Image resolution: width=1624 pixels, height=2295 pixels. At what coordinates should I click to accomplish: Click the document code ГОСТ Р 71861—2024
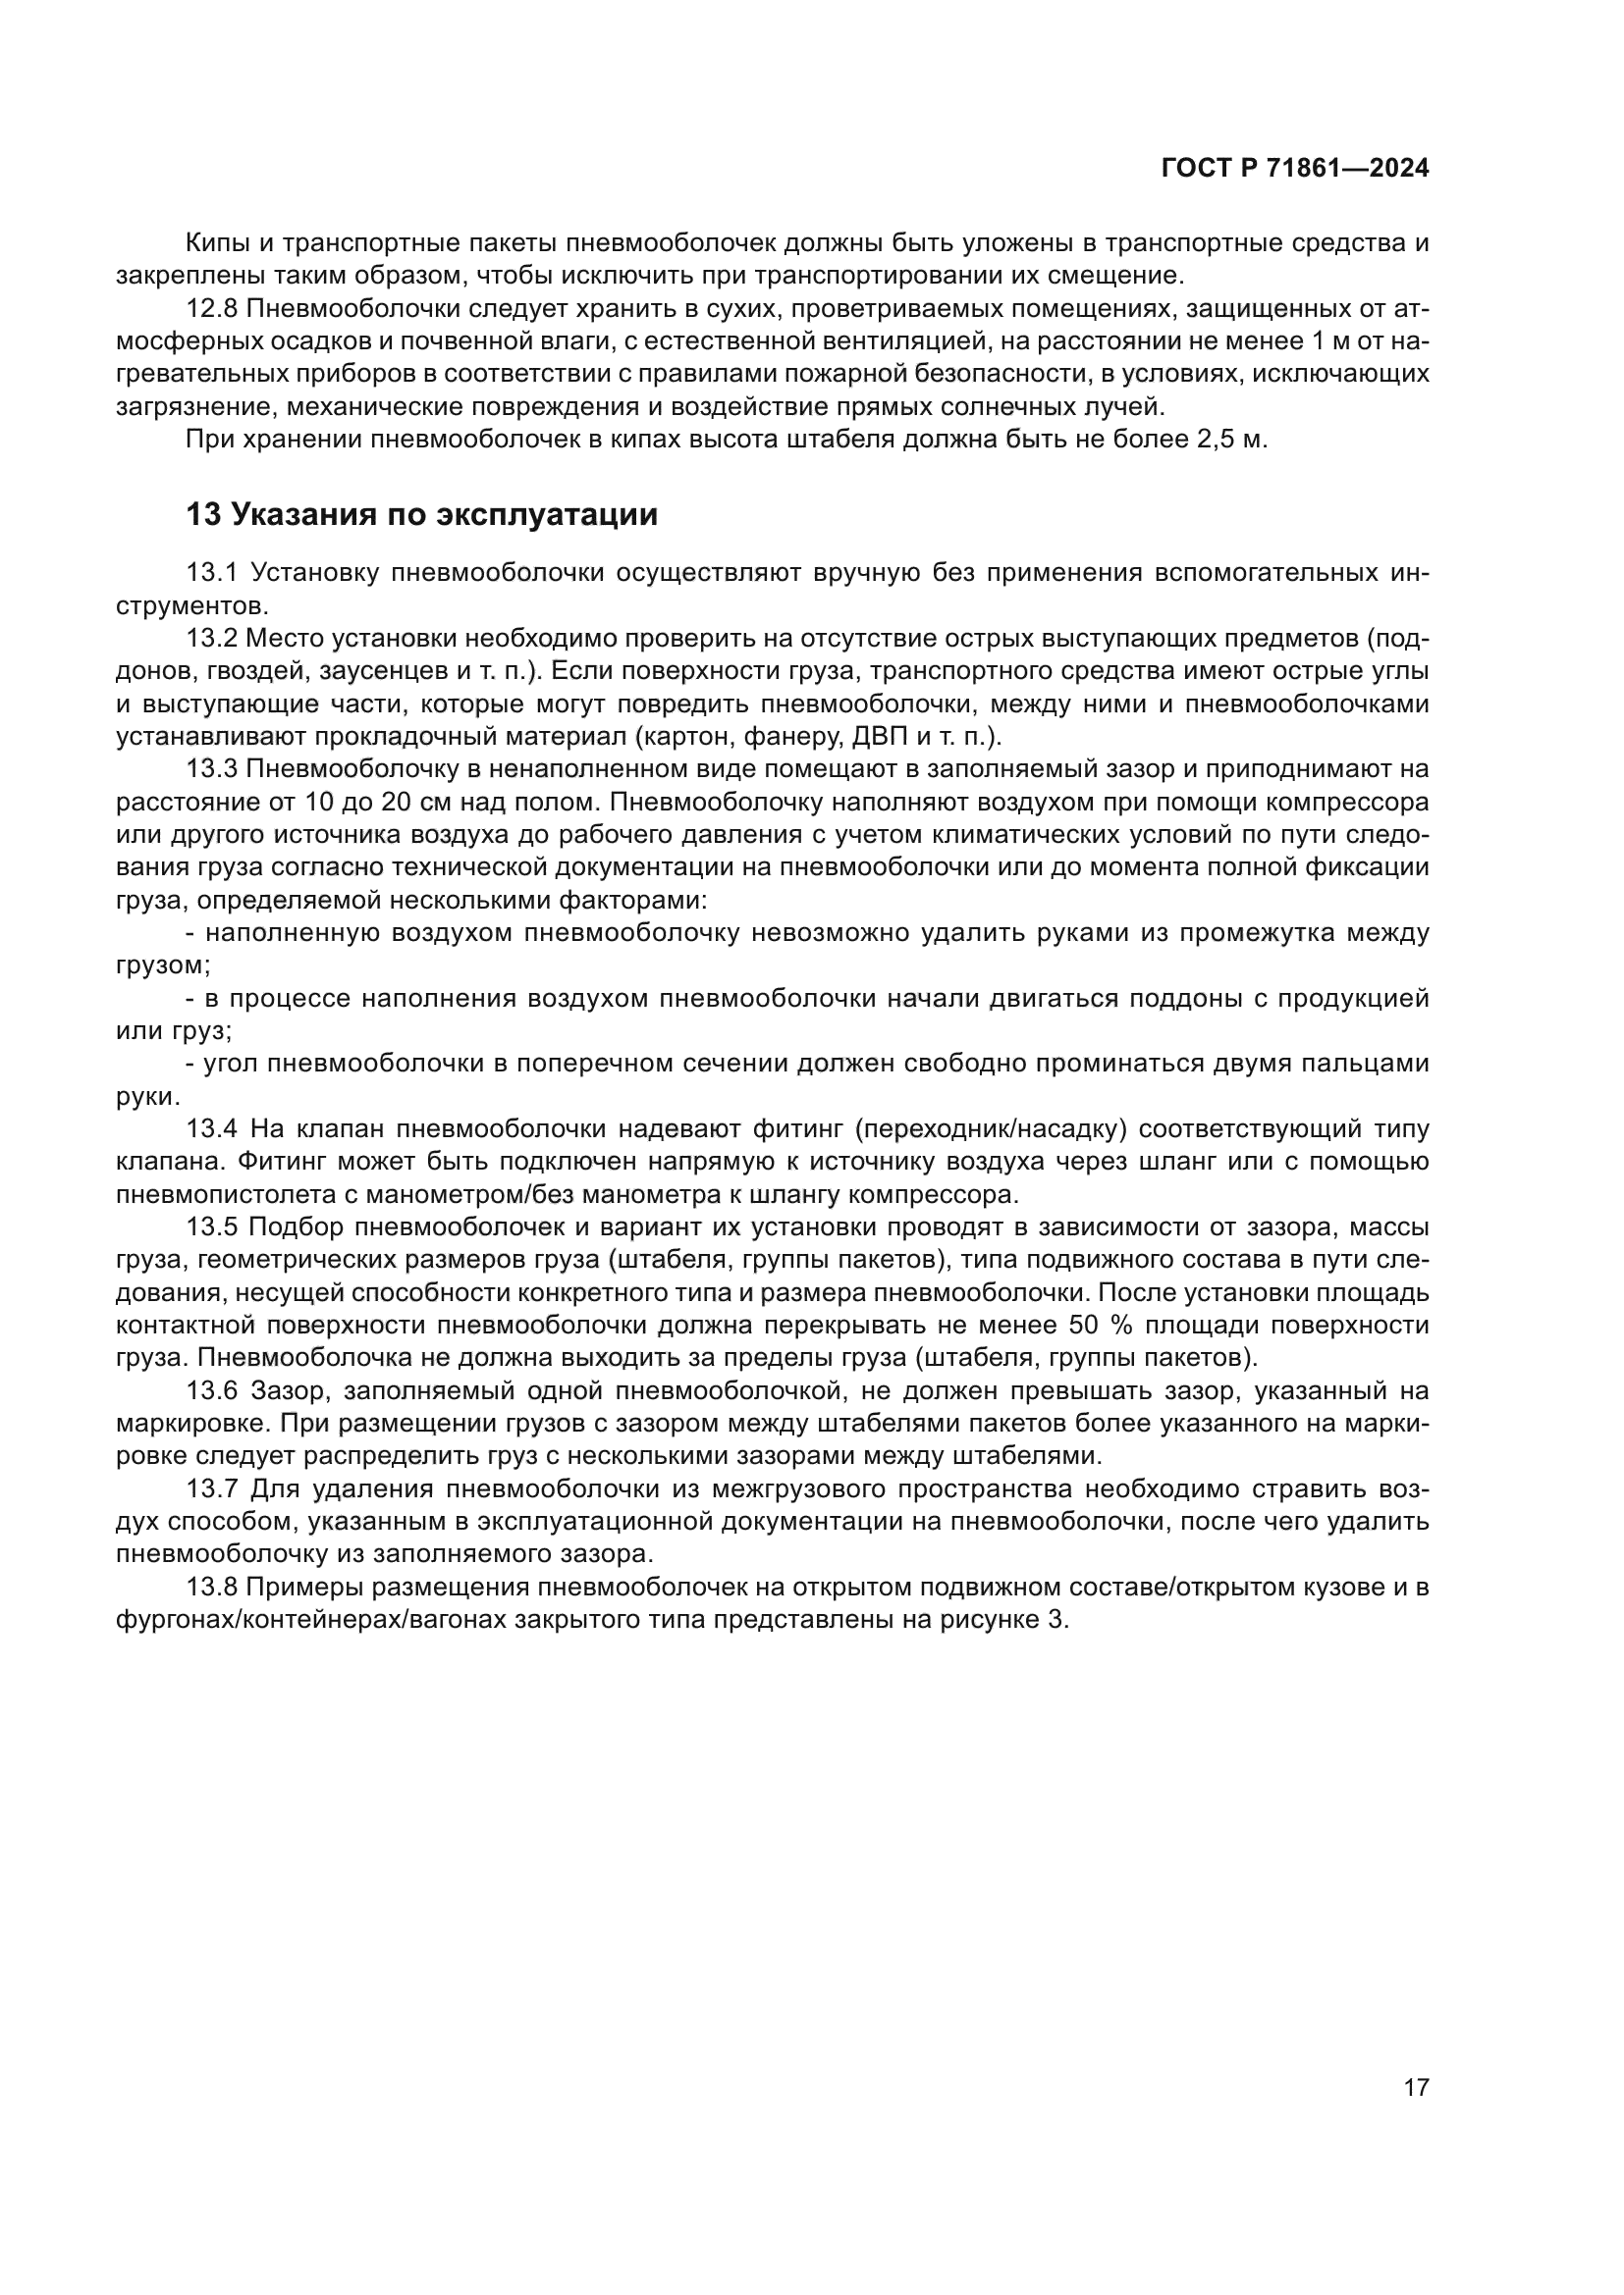pos(1295,169)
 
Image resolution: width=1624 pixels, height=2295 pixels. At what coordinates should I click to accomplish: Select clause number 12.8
pos(211,309)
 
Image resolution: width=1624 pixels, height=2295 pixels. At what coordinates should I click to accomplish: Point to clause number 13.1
pos(211,572)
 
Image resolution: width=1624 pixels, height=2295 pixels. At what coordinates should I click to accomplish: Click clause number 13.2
pos(211,638)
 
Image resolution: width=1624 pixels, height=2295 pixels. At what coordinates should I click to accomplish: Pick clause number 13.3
pos(211,768)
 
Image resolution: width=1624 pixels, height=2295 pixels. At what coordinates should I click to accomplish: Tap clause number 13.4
pos(211,1128)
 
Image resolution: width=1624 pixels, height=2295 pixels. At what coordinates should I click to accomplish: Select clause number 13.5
pos(211,1226)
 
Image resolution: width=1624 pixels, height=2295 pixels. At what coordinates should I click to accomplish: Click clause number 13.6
pos(211,1390)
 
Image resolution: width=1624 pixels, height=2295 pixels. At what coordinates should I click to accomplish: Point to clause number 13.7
pos(211,1488)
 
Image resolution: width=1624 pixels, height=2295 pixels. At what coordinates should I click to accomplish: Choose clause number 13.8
pos(211,1587)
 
